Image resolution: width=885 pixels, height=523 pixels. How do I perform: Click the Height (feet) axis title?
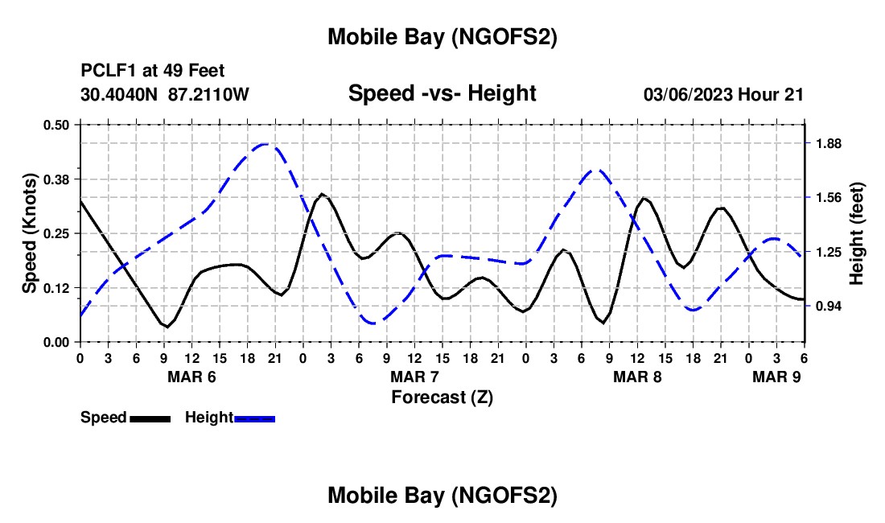click(856, 234)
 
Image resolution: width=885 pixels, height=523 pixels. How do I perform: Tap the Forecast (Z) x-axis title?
click(442, 396)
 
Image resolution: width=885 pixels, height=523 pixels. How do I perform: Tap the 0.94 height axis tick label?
click(828, 307)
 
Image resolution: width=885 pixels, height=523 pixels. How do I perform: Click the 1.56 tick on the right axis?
click(828, 198)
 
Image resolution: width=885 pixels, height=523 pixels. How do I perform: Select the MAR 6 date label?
click(191, 377)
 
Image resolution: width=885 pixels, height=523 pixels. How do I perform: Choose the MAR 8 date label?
click(637, 377)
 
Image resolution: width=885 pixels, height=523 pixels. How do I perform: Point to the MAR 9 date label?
click(776, 377)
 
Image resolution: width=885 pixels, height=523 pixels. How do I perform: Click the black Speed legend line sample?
click(150, 418)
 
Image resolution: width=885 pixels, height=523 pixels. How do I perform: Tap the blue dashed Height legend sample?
click(255, 418)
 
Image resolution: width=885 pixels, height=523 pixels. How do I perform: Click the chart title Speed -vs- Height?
click(442, 93)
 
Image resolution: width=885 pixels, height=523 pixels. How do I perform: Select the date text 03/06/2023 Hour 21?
click(723, 94)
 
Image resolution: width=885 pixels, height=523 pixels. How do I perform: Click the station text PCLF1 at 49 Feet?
click(153, 71)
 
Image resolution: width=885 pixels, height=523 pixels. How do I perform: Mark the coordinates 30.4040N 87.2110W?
click(165, 94)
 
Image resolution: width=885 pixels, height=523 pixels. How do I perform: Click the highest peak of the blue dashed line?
click(265, 144)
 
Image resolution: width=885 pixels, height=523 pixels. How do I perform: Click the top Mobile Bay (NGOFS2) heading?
click(442, 37)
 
